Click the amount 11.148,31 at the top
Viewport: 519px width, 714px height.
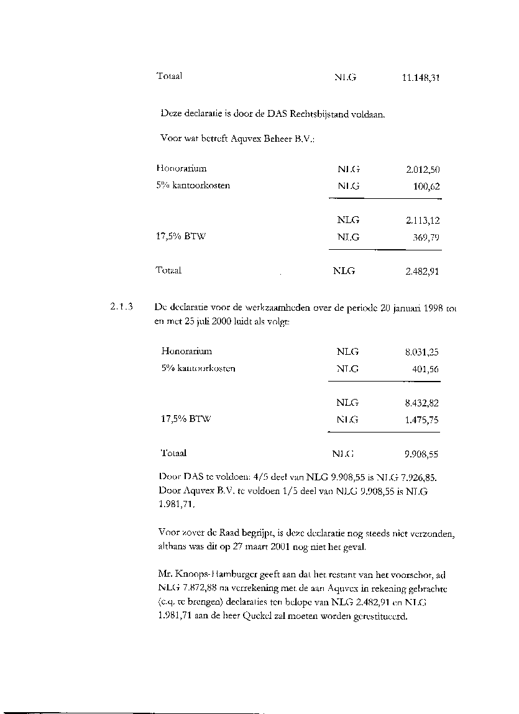421,78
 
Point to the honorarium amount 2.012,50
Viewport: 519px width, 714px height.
423,169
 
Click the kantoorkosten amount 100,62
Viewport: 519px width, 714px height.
426,186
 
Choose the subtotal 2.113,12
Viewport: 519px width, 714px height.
423,221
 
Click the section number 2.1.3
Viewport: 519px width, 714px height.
121,306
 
